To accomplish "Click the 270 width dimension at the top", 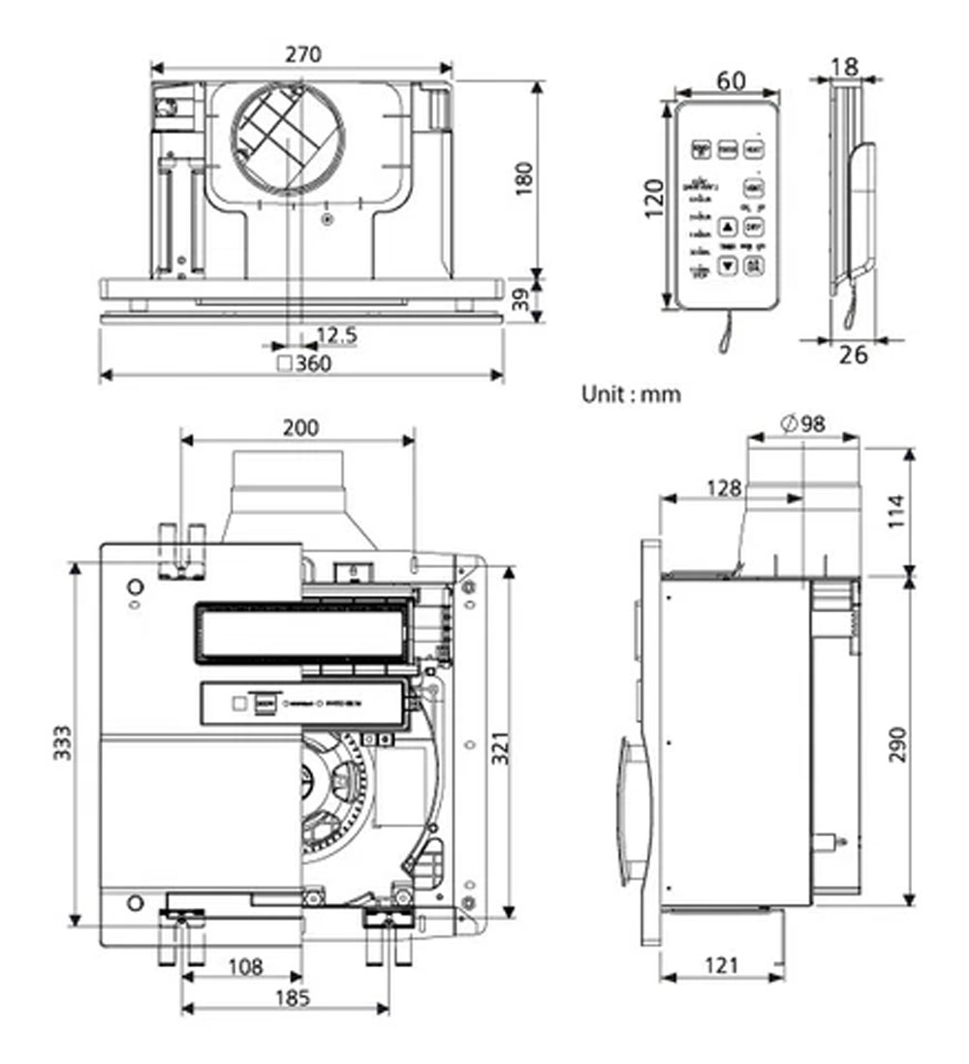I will click(x=302, y=55).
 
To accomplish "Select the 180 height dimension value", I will click(x=524, y=179).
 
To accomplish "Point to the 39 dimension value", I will click(x=524, y=300).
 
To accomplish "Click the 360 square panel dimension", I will click(x=303, y=364).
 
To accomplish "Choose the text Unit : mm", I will click(x=631, y=394).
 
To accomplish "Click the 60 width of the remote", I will click(x=731, y=81).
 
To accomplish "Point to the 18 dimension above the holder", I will click(x=844, y=67).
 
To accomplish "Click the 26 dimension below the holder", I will click(x=853, y=355).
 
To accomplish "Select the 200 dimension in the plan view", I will click(x=299, y=427).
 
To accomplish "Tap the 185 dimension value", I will click(x=287, y=998).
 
